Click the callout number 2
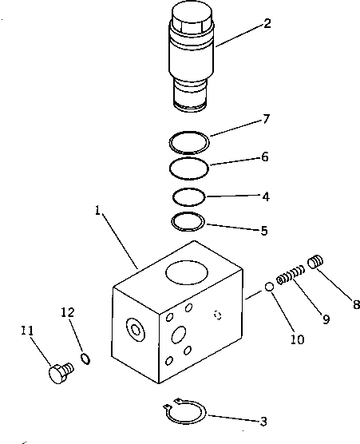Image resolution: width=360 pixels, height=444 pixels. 267,23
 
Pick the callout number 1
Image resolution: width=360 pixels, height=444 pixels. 97,213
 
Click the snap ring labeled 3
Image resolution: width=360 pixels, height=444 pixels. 188,414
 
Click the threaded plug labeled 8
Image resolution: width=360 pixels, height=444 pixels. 318,262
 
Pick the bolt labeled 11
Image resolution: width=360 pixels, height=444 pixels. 59,372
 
